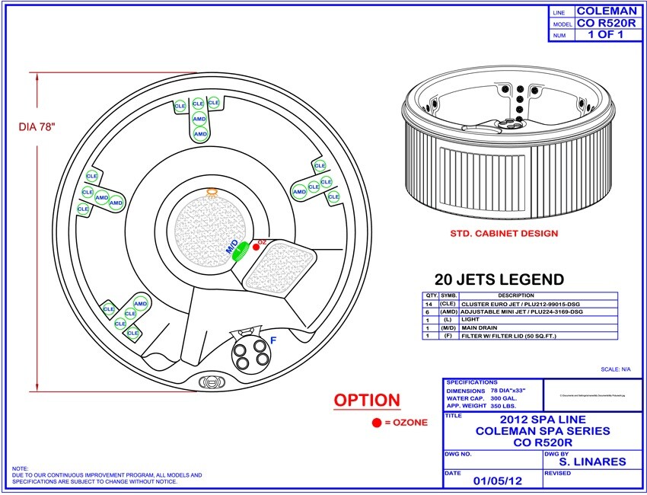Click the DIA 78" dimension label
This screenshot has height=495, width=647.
click(37, 127)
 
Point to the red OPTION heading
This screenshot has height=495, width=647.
click(367, 401)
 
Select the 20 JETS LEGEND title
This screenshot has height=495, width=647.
click(499, 279)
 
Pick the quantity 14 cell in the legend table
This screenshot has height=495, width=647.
click(431, 303)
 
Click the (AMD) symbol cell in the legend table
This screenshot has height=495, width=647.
click(449, 311)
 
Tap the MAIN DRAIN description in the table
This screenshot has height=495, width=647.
click(480, 327)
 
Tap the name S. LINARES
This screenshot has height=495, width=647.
click(592, 461)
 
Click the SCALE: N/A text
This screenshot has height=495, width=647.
click(616, 369)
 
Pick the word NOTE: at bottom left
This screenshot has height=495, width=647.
click(21, 468)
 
